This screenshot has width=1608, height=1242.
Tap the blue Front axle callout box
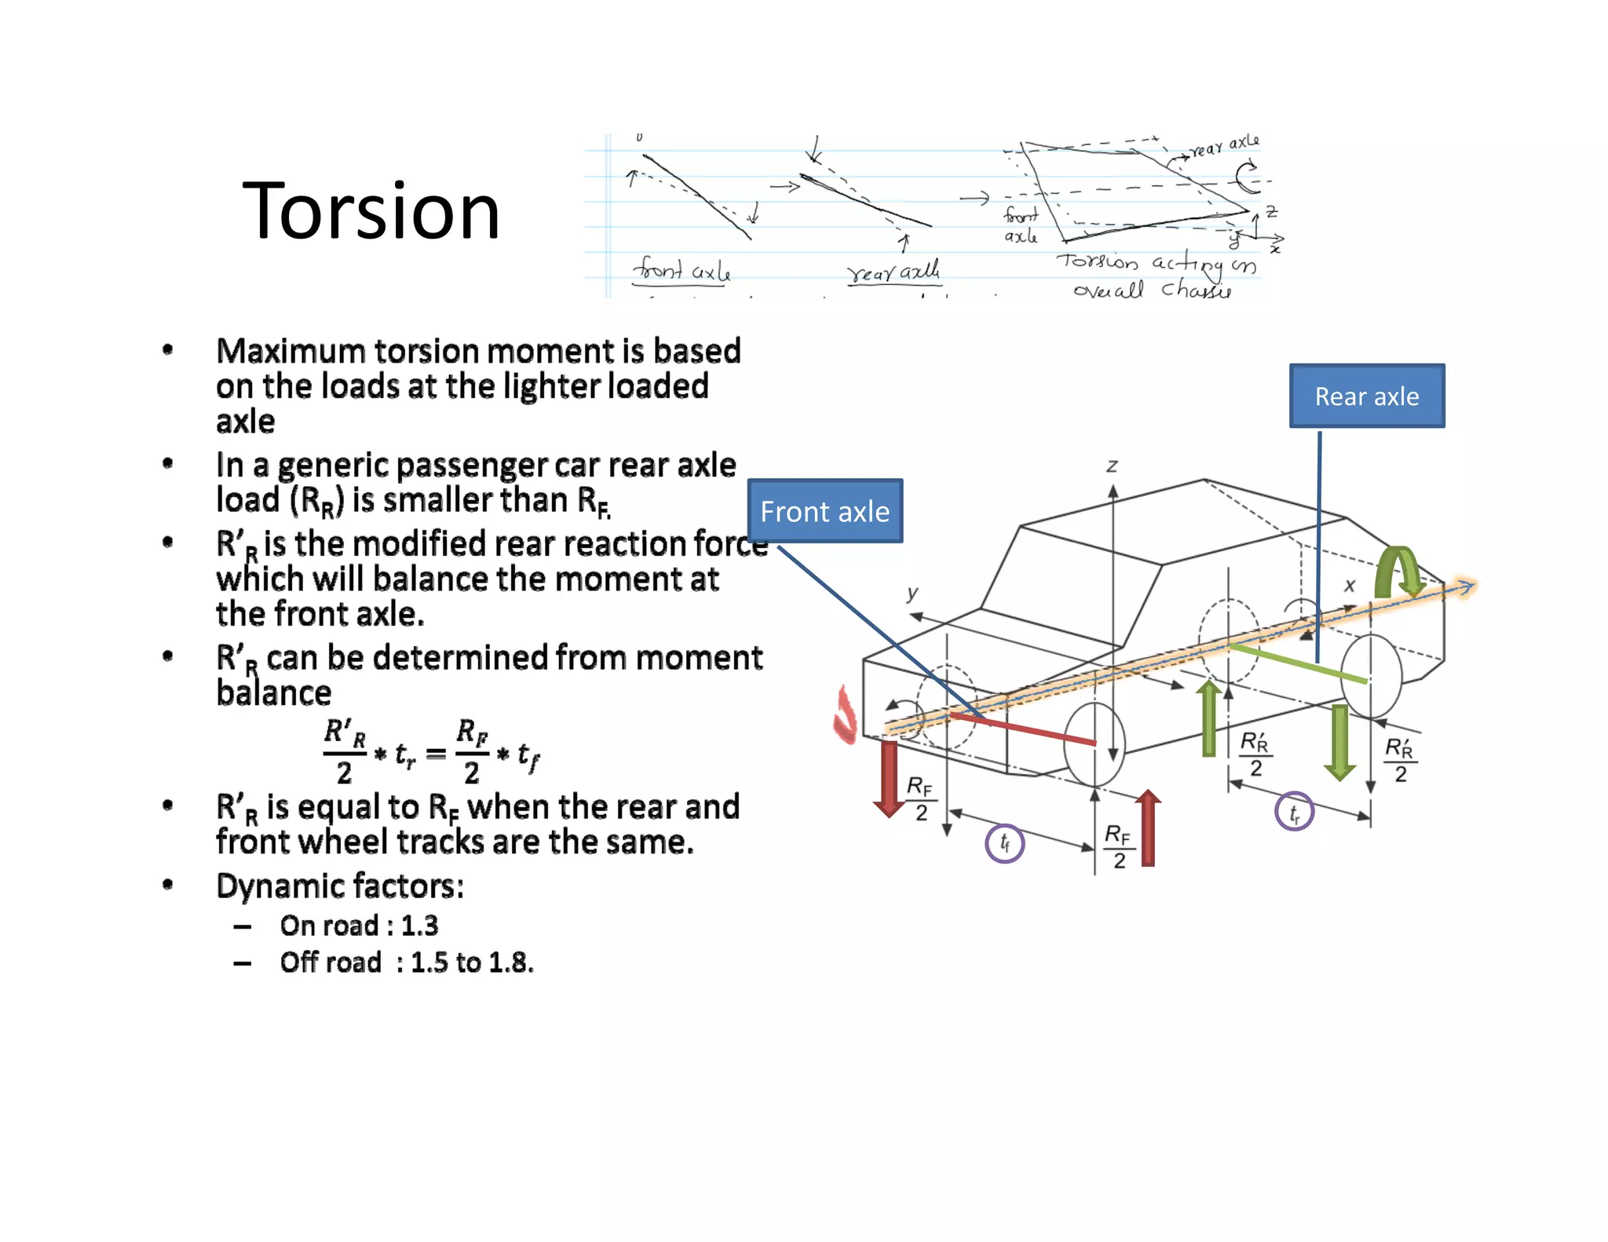(824, 511)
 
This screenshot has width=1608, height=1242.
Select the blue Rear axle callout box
(1366, 396)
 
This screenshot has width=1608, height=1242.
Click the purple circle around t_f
(1004, 843)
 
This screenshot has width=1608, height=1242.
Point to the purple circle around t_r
(1294, 812)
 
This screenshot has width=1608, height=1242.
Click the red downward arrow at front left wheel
(889, 778)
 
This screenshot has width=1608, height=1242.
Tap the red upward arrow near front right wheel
(1148, 827)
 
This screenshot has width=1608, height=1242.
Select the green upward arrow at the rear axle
(1209, 718)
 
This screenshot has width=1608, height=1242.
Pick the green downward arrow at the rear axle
(1339, 742)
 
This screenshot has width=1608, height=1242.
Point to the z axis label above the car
(1112, 466)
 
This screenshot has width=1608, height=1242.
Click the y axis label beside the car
(912, 593)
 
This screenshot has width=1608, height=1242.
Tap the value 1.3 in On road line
(419, 926)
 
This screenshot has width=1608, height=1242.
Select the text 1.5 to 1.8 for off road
(471, 963)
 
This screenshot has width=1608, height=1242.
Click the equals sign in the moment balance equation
(436, 754)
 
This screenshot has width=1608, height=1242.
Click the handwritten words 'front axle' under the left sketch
(682, 271)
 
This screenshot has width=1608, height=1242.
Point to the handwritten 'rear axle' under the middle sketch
(894, 272)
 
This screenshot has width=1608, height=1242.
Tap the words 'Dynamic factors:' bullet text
(340, 886)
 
